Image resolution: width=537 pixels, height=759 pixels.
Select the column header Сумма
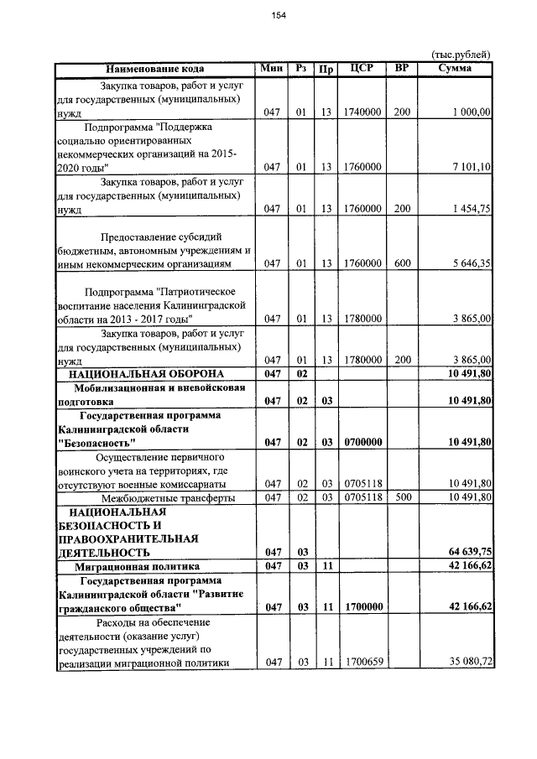(460, 68)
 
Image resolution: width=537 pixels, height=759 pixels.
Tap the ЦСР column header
(360, 68)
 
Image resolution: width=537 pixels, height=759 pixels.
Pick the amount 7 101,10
(470, 167)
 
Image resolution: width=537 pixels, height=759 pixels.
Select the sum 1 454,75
(470, 209)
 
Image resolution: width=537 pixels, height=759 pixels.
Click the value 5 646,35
(470, 264)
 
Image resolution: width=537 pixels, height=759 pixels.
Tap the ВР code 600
(402, 264)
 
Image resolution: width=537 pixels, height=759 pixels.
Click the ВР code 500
(402, 497)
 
